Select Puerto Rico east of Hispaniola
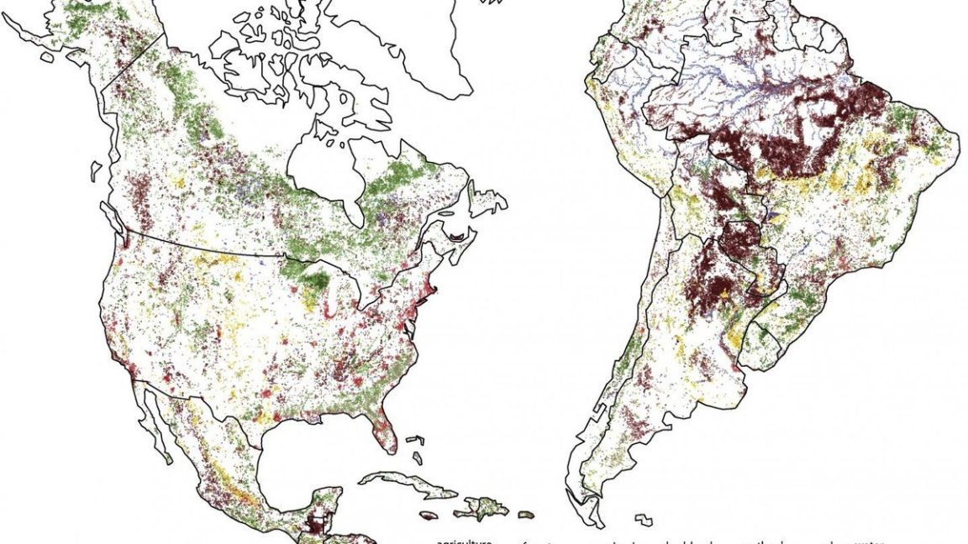[x=526, y=514]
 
